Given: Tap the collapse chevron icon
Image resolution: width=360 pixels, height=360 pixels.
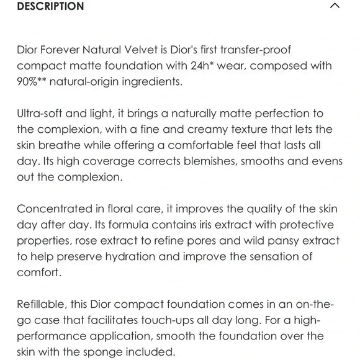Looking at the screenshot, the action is point(335,6).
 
